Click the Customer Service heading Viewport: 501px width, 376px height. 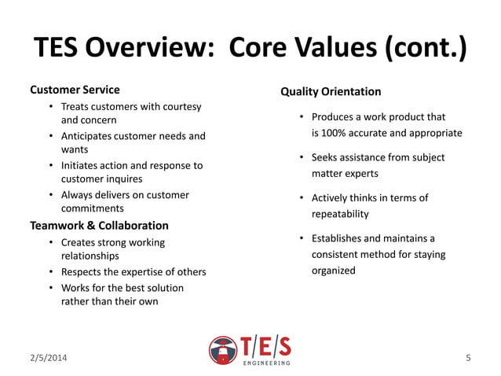(75, 90)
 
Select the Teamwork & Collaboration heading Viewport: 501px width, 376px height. (99, 226)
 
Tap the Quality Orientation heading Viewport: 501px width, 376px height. (331, 92)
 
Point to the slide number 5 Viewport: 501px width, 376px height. (469, 359)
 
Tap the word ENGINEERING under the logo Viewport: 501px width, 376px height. (266, 363)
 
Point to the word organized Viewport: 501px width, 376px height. (334, 271)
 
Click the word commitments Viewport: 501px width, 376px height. (93, 208)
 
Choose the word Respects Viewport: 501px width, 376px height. (82, 272)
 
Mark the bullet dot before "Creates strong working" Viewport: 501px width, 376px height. (51, 242)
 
